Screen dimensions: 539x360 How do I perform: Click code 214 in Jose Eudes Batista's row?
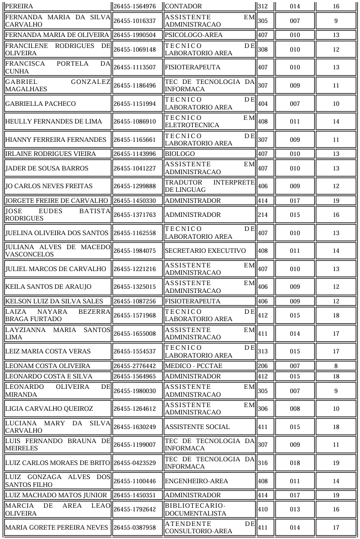263,215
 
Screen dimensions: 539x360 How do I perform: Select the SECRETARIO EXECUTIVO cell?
205,251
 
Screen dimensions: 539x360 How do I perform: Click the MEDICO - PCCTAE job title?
193,366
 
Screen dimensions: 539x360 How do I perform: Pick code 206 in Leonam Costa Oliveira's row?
263,366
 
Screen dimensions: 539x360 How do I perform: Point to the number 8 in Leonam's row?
336,366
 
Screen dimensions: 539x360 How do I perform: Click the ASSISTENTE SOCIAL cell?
197,427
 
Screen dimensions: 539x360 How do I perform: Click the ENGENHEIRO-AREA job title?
192,481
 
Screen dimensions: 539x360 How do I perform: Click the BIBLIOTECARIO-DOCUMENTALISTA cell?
195,509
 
